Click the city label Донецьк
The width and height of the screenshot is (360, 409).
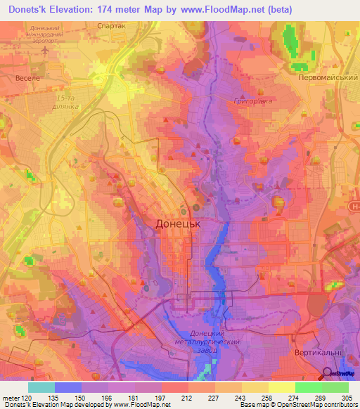click(178, 224)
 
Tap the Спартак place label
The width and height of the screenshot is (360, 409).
click(111, 25)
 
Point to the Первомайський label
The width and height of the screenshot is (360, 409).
click(324, 79)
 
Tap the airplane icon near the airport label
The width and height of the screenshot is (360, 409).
click(44, 50)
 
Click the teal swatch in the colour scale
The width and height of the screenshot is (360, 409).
click(41, 387)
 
